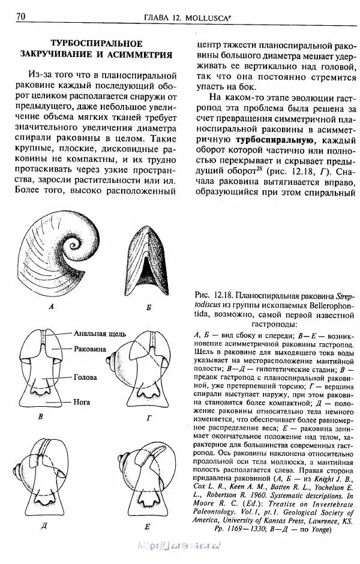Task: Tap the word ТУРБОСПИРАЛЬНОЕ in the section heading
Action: point(96,43)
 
